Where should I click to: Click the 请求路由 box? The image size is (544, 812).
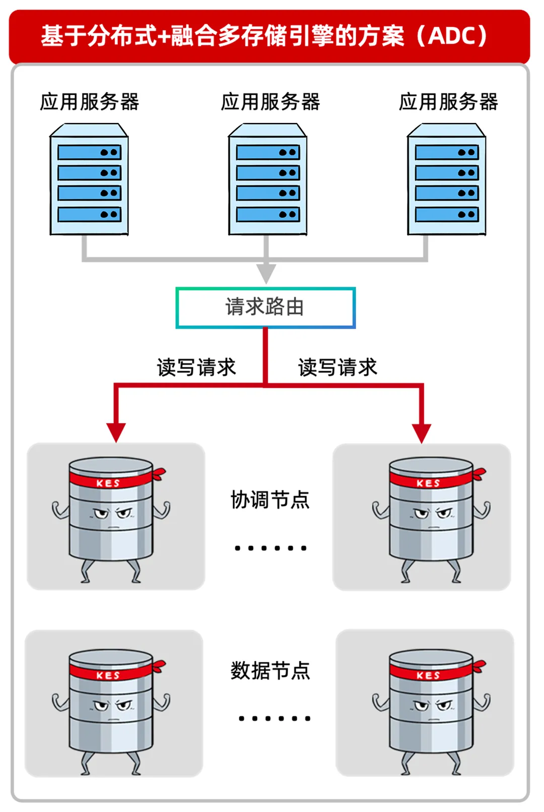pos(265,307)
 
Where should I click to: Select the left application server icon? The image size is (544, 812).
pos(89,180)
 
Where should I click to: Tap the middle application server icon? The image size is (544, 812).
pos(267,180)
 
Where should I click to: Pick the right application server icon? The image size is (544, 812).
pos(446,180)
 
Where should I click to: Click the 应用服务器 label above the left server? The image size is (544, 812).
pos(90,102)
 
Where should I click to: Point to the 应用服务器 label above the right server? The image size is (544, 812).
pos(448,102)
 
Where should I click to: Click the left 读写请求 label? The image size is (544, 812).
pos(196,367)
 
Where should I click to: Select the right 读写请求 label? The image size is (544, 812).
pos(337,367)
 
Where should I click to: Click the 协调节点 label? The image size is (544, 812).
pos(270,500)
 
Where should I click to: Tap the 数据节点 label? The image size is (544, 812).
pos(270,671)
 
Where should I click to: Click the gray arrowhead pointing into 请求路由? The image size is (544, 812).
pos(266,273)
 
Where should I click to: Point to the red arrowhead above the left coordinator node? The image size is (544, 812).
pos(116,432)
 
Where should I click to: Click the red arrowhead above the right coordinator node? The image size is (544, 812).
pos(422,432)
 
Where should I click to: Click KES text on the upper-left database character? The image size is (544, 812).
pos(108,483)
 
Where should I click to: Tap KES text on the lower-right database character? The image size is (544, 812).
pos(428,675)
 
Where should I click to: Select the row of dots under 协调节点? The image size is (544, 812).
pos(270,548)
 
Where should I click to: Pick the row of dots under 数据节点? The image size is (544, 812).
pos(275,718)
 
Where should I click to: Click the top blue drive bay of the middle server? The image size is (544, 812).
pos(267,152)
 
